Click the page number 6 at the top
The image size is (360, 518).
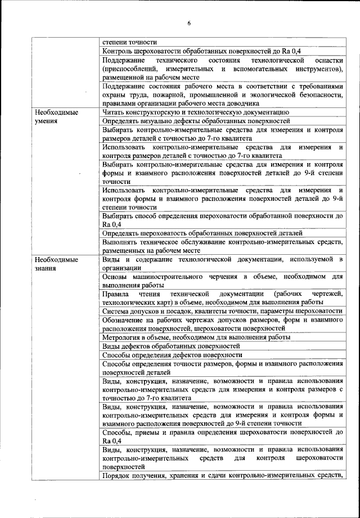(x=189, y=23)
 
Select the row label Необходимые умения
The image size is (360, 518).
(x=56, y=116)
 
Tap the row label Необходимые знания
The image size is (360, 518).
(x=56, y=264)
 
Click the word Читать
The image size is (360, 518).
(x=114, y=112)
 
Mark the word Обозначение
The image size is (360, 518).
(x=124, y=320)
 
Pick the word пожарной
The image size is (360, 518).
(x=161, y=94)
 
